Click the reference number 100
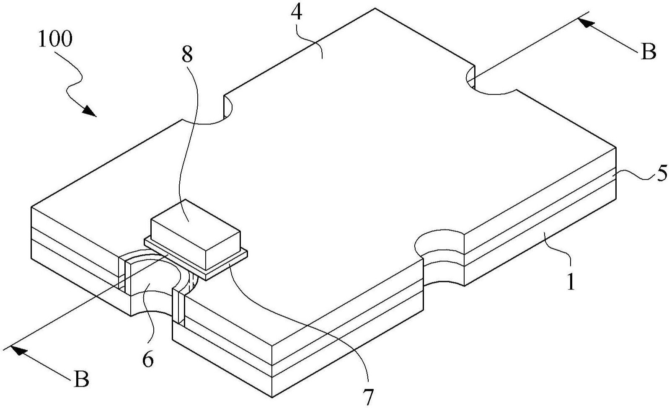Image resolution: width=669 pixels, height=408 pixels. point(55,39)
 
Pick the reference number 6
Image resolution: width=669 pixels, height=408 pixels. point(147,359)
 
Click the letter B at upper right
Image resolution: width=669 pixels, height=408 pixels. point(648,53)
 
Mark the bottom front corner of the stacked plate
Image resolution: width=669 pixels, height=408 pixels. point(272,396)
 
